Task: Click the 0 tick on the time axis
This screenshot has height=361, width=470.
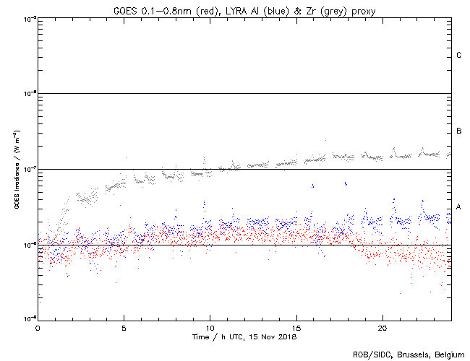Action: [38, 328]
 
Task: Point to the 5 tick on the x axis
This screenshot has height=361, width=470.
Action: [124, 328]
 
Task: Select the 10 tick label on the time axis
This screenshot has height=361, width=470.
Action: [210, 328]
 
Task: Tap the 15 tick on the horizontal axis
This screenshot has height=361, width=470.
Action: [296, 328]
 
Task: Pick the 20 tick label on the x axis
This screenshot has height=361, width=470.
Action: [383, 328]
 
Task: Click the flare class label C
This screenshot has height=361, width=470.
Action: [459, 56]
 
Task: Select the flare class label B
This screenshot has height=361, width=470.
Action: [459, 131]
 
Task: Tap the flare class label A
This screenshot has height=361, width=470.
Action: [459, 207]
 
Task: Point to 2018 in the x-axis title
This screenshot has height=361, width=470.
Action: [287, 336]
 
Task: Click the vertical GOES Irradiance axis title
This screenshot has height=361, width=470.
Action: [16, 170]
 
